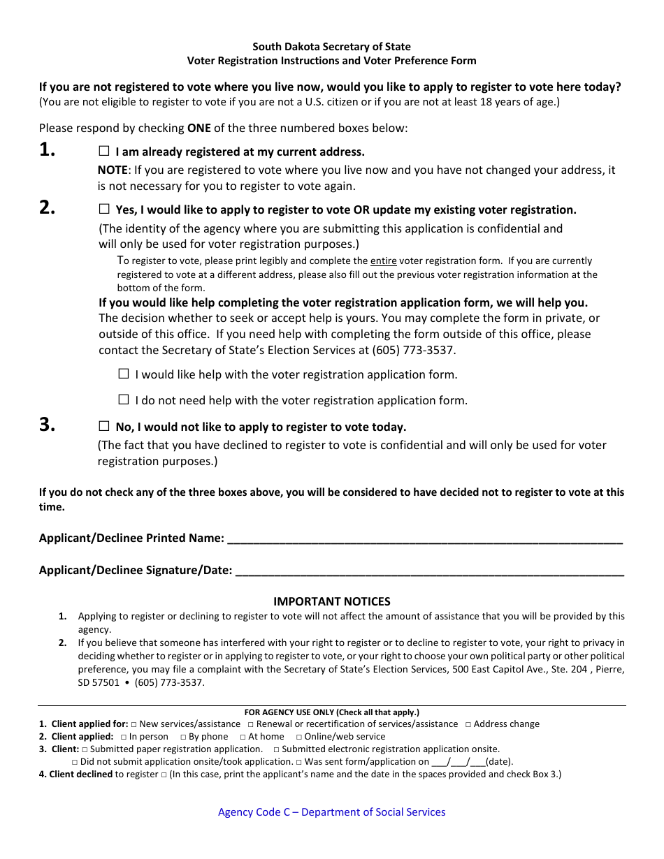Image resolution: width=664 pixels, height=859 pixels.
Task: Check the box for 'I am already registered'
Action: tap(104, 151)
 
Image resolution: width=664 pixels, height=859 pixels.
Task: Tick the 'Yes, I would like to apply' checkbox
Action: tap(104, 209)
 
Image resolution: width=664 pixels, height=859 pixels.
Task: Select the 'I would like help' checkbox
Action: tap(124, 374)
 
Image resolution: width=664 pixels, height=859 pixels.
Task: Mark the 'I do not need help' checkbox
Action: tap(124, 399)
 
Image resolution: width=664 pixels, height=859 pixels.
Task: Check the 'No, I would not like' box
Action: tap(104, 426)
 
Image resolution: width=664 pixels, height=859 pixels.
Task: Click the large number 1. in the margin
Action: tap(48, 149)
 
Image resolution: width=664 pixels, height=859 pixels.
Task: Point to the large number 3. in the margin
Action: tap(48, 425)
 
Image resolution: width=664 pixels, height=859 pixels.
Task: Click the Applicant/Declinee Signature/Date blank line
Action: tap(429, 571)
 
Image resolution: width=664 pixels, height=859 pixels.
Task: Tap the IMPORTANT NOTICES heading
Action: tap(331, 601)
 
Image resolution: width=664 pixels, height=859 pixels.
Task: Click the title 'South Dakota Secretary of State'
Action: tap(331, 47)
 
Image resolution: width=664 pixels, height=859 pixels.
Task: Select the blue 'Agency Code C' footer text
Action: tap(331, 812)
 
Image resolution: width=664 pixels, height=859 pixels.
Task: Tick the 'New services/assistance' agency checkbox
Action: tap(133, 725)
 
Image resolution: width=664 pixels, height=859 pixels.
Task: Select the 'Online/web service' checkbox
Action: tap(298, 737)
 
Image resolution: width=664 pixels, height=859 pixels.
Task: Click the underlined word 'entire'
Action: tap(383, 261)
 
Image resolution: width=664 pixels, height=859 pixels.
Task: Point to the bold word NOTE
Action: tap(112, 170)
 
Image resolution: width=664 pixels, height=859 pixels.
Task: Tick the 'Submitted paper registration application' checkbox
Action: tap(85, 749)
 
